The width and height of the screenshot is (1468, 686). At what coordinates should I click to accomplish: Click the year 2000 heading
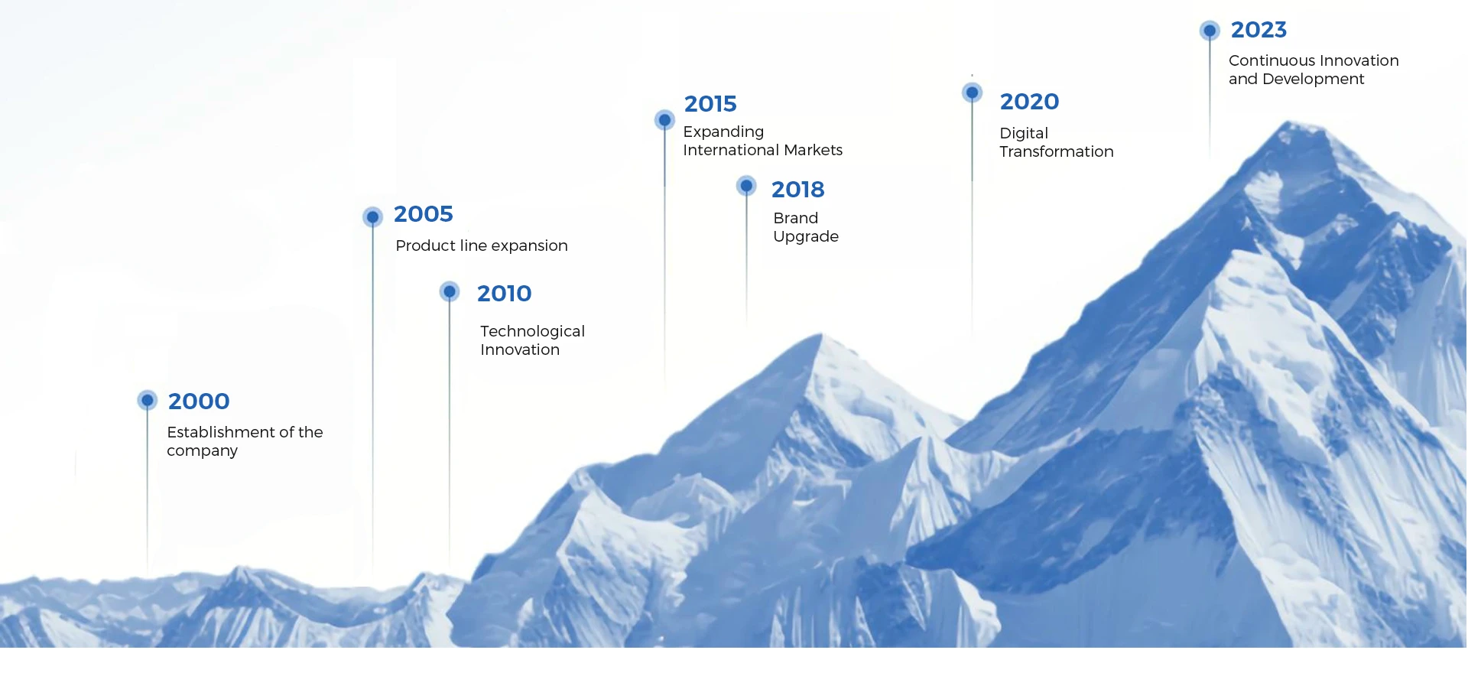point(199,401)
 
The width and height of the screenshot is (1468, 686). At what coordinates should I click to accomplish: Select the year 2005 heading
point(424,214)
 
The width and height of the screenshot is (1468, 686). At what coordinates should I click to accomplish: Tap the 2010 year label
point(504,294)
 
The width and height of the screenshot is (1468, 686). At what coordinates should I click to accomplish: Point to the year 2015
point(710,104)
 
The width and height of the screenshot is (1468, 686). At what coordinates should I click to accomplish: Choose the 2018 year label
point(797,190)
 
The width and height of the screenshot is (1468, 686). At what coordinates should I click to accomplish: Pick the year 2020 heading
point(1029,102)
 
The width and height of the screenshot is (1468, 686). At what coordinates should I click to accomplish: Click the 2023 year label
point(1259,30)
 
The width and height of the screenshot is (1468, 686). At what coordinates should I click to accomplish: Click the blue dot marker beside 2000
point(148,400)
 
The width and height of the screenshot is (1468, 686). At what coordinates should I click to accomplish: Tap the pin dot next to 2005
point(372,217)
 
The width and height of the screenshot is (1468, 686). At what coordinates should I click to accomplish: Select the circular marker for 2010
point(450,291)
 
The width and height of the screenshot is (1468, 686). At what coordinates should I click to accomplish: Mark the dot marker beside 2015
point(664,120)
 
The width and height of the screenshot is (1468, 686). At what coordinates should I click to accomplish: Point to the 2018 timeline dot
point(746,186)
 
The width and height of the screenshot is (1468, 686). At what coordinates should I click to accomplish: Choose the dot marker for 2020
point(972,93)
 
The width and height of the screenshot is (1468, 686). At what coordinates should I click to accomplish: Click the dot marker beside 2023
point(1210,31)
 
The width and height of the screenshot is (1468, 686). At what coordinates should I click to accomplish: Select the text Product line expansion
point(482,245)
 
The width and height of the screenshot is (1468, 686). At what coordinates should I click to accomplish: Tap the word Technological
point(532,331)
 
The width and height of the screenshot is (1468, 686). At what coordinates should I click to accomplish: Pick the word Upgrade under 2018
point(806,237)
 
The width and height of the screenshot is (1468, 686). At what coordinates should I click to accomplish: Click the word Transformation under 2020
point(1056,151)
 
